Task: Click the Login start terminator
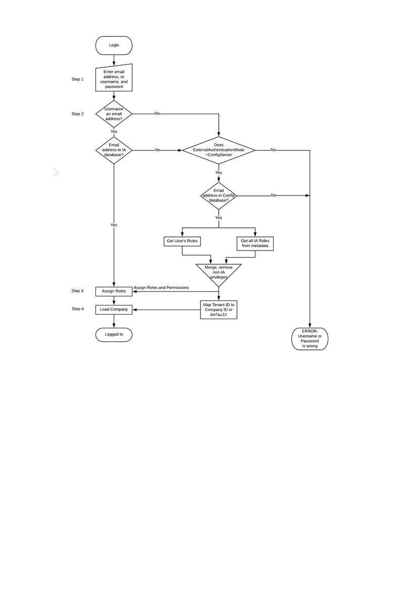tap(114, 45)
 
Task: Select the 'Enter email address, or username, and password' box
tap(114, 79)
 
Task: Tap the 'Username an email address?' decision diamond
tap(114, 114)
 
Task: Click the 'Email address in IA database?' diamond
tap(114, 150)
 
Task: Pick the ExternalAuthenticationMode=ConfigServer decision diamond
tap(219, 150)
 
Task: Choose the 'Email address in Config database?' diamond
tap(219, 195)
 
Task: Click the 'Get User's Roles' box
tap(182, 241)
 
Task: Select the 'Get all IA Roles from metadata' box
tap(255, 243)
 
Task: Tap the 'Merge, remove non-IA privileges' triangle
tap(219, 273)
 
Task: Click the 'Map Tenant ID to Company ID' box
tap(219, 310)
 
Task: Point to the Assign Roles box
tap(114, 291)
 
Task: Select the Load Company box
tap(114, 309)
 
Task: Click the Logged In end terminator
tap(114, 334)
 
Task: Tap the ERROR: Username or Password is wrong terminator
tap(310, 338)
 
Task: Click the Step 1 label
tap(77, 79)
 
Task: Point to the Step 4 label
tap(77, 309)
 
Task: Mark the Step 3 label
tap(77, 291)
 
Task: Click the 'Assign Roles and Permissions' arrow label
tap(161, 288)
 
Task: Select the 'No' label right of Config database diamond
tap(273, 195)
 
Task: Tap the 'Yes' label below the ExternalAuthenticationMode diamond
tap(219, 173)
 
